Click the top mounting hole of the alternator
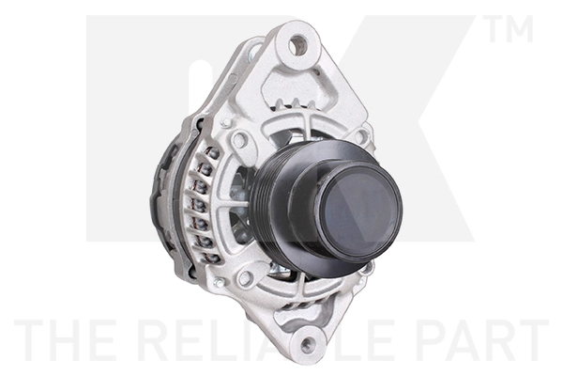(297, 43)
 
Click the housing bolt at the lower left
(245, 278)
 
